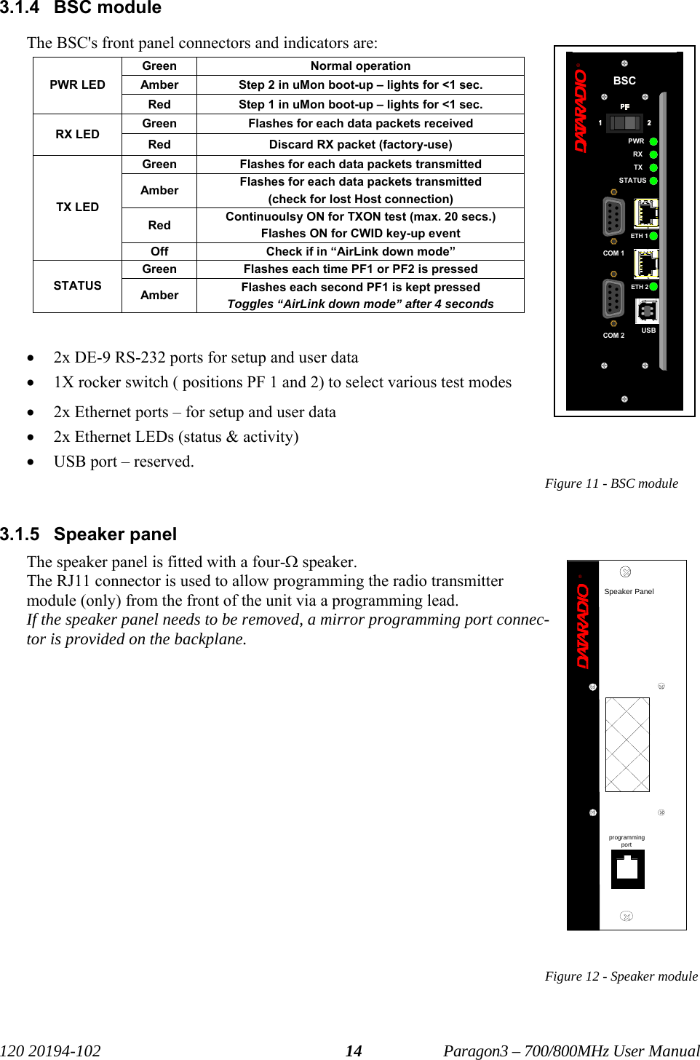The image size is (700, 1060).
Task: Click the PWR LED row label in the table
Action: coord(77,85)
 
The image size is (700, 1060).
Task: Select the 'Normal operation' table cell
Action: coord(360,66)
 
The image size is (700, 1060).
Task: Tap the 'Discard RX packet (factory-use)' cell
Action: coord(360,144)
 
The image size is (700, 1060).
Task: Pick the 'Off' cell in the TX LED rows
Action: coord(159,251)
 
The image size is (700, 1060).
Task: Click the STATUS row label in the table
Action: coord(77,286)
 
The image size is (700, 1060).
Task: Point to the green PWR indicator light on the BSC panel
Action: coord(653,141)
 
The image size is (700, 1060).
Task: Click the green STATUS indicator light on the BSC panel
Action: coord(653,181)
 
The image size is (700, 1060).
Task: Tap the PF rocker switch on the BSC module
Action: coord(624,123)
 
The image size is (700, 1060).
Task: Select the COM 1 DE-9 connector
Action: coord(613,217)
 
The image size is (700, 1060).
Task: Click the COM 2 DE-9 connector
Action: coord(613,298)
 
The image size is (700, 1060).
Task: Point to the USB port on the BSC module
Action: coord(647,312)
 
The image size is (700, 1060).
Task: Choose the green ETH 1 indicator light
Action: coord(653,236)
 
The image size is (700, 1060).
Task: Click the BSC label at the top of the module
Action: coord(624,81)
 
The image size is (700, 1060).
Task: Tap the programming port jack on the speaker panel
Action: coord(627,869)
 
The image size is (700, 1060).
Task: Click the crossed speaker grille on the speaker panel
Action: coord(627,744)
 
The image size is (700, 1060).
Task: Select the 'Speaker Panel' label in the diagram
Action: coord(629,592)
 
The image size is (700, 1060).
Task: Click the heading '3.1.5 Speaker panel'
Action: coord(89,534)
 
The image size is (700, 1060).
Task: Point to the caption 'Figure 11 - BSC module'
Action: coord(611,483)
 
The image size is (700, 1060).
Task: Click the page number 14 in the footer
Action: coord(354,1051)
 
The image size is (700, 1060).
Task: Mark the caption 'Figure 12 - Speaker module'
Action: coord(621,976)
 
